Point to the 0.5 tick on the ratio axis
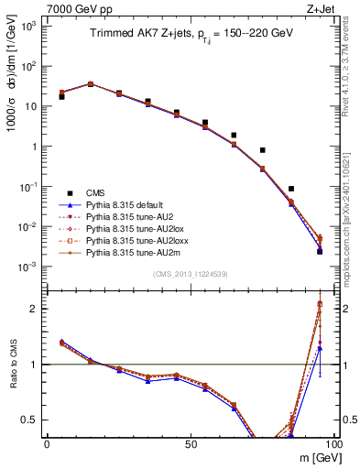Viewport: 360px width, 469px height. point(34,420)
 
